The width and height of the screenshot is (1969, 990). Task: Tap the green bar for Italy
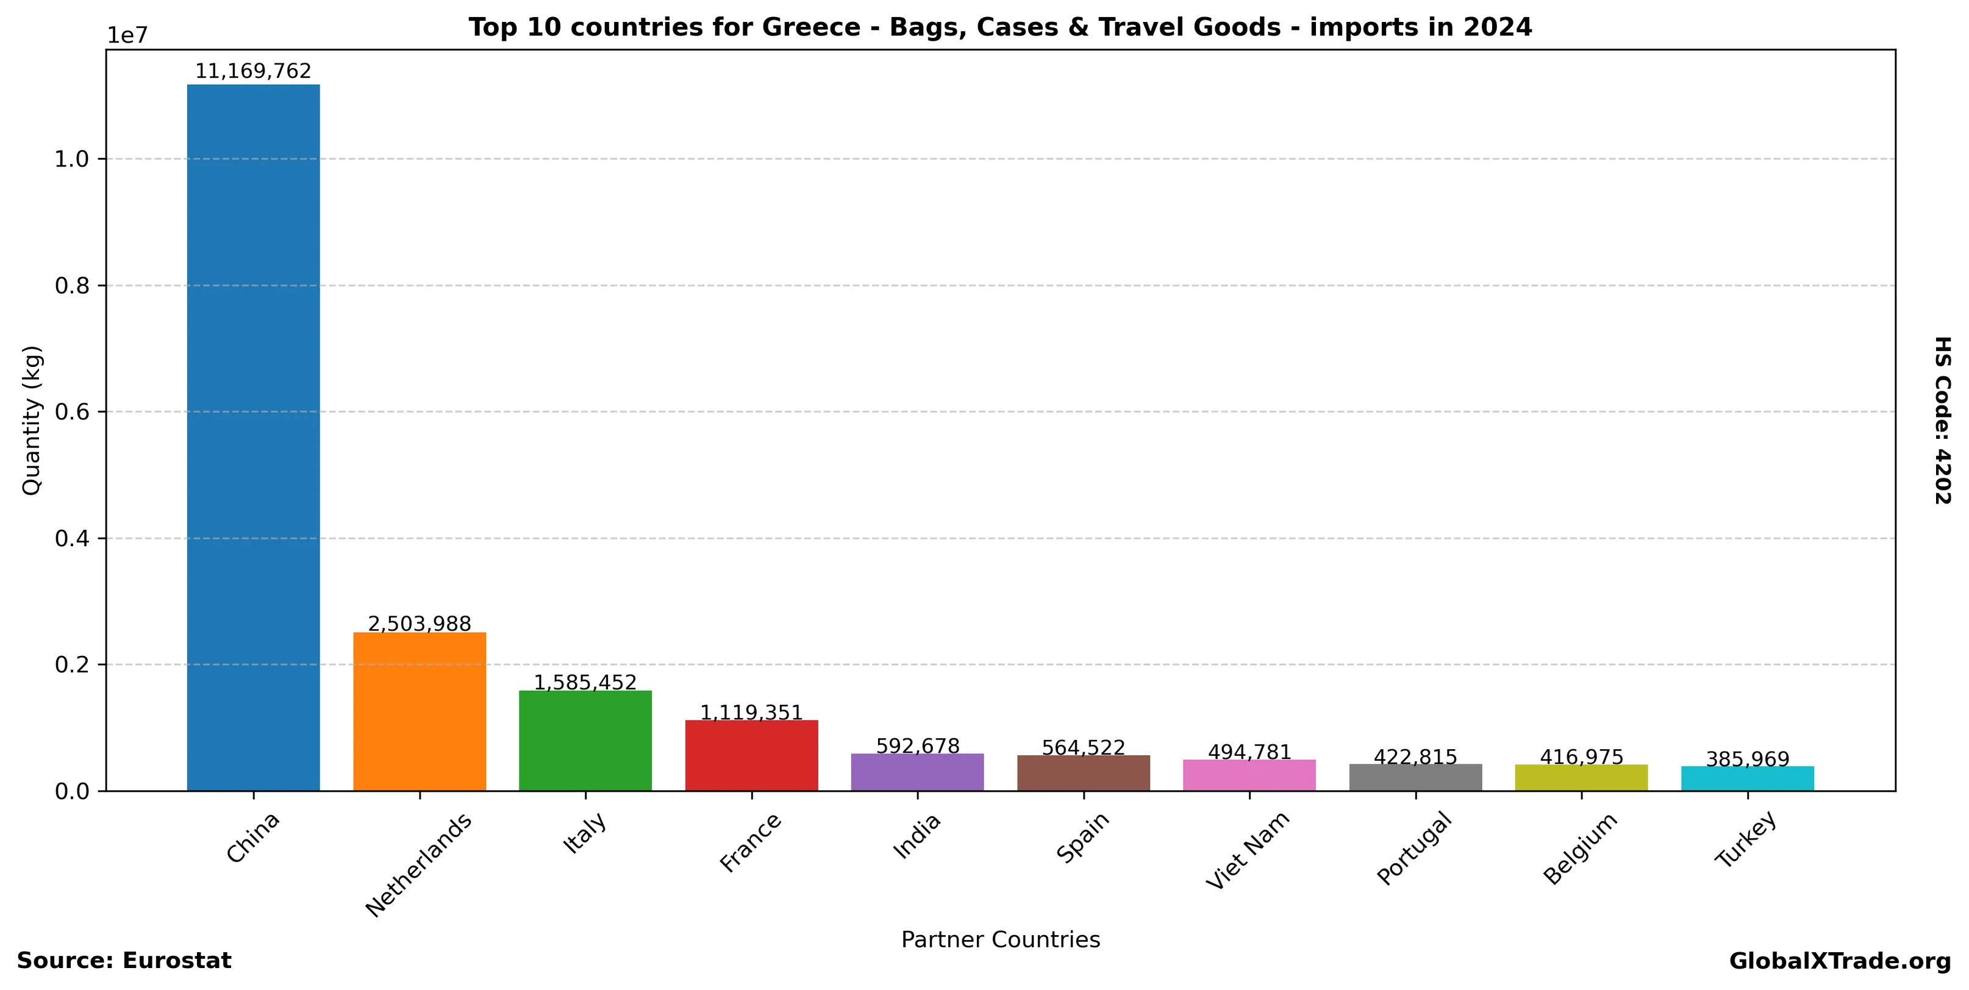point(585,740)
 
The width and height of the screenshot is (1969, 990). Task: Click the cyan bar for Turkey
point(1747,778)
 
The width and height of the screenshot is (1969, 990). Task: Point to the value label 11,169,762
point(253,72)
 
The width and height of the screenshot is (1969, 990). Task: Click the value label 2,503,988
point(419,624)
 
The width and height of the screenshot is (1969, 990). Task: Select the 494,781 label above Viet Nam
point(1249,752)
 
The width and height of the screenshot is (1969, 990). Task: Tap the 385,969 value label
point(1747,760)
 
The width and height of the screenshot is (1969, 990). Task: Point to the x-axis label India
point(917,836)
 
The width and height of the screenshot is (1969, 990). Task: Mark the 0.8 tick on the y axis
point(72,286)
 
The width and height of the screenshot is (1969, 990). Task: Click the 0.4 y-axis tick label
point(72,538)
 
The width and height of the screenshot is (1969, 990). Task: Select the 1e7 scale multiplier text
point(127,36)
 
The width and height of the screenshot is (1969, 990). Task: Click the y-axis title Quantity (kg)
point(31,420)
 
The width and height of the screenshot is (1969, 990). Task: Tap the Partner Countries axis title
point(1001,939)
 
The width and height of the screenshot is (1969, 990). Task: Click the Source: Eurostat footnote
point(124,961)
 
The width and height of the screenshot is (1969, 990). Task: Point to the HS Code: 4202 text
point(1942,420)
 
